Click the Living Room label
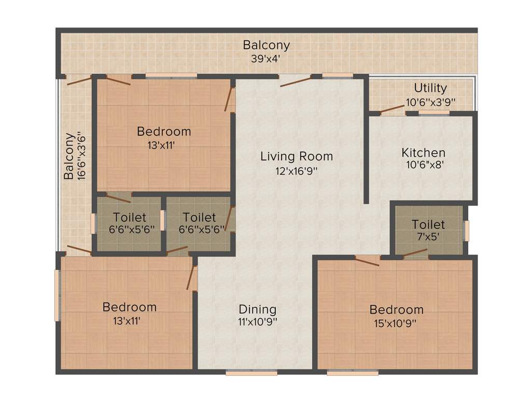[x=297, y=156]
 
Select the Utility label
[x=430, y=88]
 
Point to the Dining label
[x=258, y=309]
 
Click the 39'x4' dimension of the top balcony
[x=266, y=59]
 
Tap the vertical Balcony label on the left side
[x=68, y=157]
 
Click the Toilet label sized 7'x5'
[x=428, y=224]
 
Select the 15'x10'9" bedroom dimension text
[x=396, y=323]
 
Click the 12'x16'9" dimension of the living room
[x=296, y=170]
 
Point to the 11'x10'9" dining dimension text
[x=258, y=323]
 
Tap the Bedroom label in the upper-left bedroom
[x=164, y=132]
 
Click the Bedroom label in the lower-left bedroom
[x=129, y=307]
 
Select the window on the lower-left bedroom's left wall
[x=57, y=295]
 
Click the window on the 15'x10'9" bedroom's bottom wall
[x=352, y=372]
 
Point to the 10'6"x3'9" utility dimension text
[x=431, y=102]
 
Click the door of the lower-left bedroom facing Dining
[x=191, y=278]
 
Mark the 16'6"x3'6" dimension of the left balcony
[x=81, y=157]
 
